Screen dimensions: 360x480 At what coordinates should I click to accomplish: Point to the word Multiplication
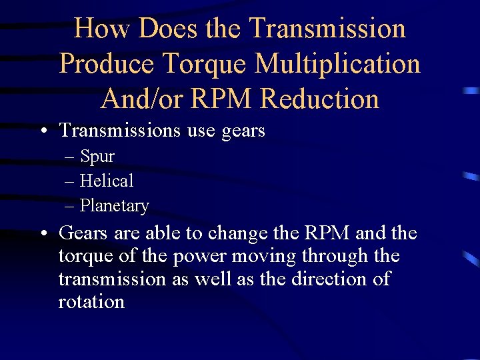(338, 64)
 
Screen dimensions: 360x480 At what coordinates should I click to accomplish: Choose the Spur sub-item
(97, 157)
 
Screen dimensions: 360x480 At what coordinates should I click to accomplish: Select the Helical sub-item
(107, 181)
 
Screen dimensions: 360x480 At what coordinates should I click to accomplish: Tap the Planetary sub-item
(114, 205)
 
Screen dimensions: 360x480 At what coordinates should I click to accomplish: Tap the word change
(233, 234)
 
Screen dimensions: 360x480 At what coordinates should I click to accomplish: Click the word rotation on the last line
(91, 301)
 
